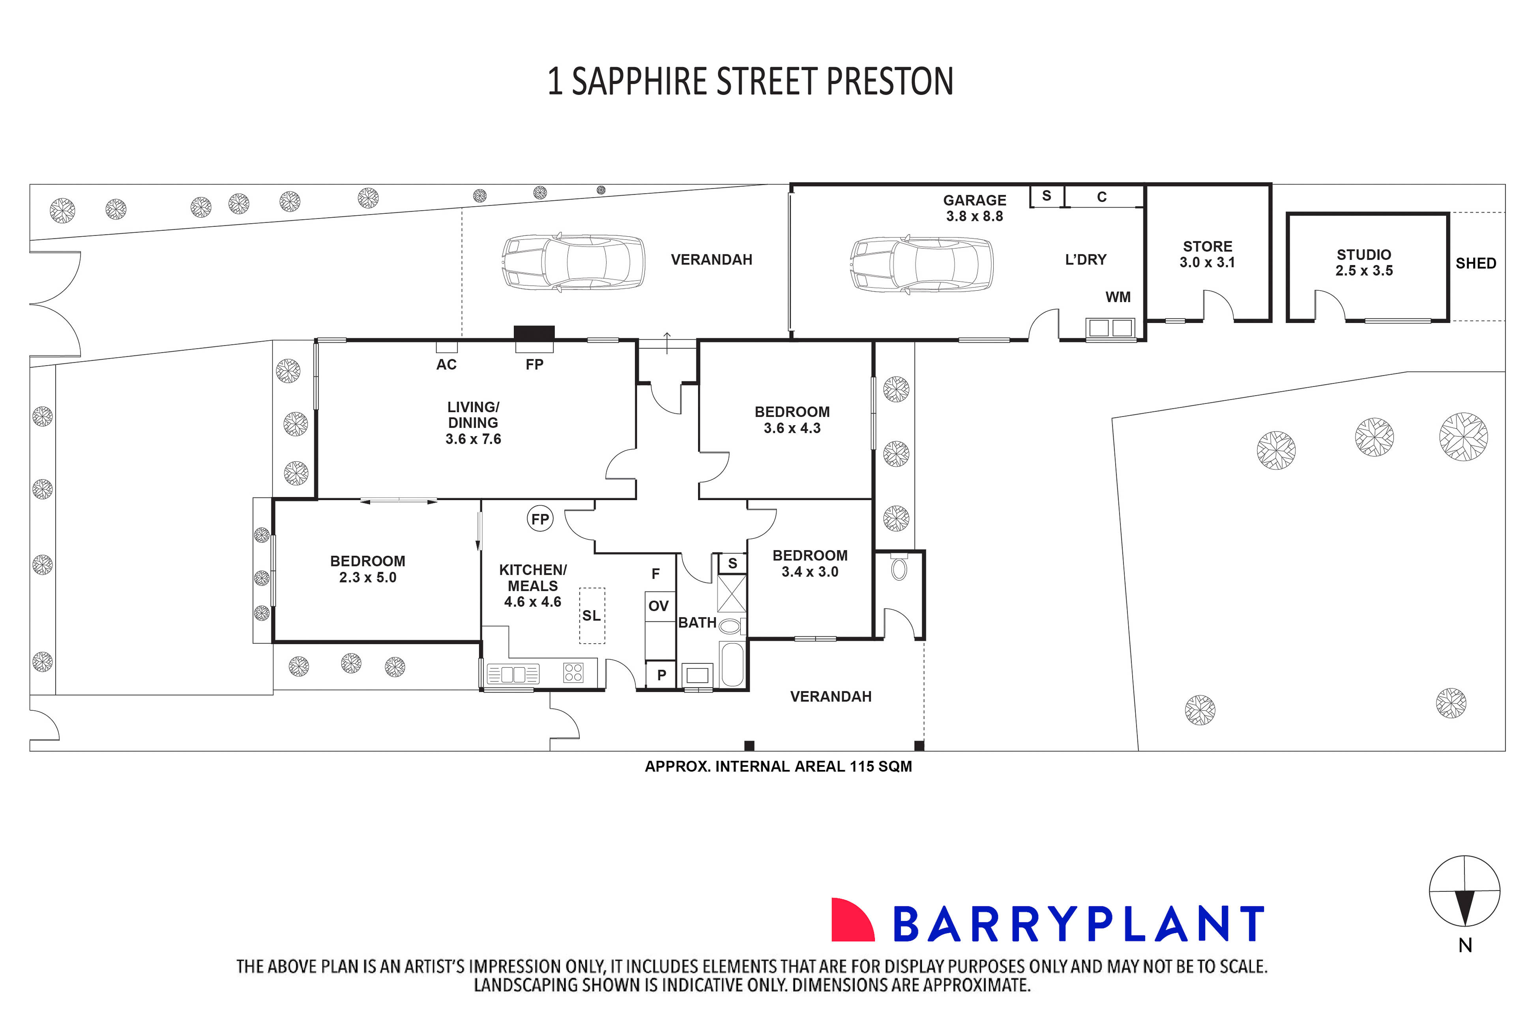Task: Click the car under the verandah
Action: coord(573,262)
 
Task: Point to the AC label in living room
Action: coord(446,364)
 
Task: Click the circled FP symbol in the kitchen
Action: coord(539,519)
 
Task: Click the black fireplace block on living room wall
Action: coord(534,332)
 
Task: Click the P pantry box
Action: coord(661,674)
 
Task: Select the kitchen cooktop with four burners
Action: coord(573,672)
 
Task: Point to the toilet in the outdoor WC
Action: coord(899,568)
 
